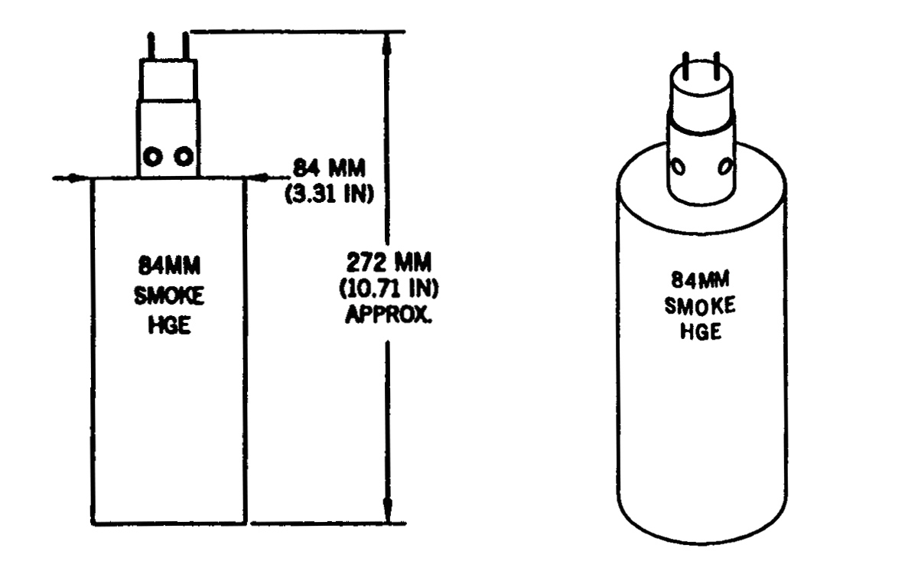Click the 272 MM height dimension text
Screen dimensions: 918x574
(x=389, y=263)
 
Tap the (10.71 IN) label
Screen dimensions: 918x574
(x=389, y=289)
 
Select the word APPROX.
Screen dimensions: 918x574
(x=389, y=315)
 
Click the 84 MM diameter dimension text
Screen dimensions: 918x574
(x=329, y=168)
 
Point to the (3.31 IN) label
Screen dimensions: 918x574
(x=330, y=194)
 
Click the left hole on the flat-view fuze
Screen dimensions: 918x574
(x=153, y=157)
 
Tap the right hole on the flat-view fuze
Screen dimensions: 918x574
(x=184, y=156)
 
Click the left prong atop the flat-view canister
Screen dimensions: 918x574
(x=151, y=46)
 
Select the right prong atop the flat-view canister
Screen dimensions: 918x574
(x=186, y=46)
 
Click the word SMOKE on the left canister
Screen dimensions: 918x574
(x=169, y=295)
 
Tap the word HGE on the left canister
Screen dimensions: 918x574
(x=169, y=326)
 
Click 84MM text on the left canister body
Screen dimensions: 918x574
(x=169, y=266)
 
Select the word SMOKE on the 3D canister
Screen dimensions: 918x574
(x=700, y=305)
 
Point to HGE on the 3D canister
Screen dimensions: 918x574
(x=701, y=331)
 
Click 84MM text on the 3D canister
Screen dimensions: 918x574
(x=701, y=280)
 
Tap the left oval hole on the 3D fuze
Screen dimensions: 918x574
(x=679, y=168)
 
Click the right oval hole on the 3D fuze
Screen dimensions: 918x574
(x=726, y=166)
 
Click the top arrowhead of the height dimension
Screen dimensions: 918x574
(x=387, y=44)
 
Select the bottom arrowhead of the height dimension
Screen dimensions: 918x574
(x=387, y=510)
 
